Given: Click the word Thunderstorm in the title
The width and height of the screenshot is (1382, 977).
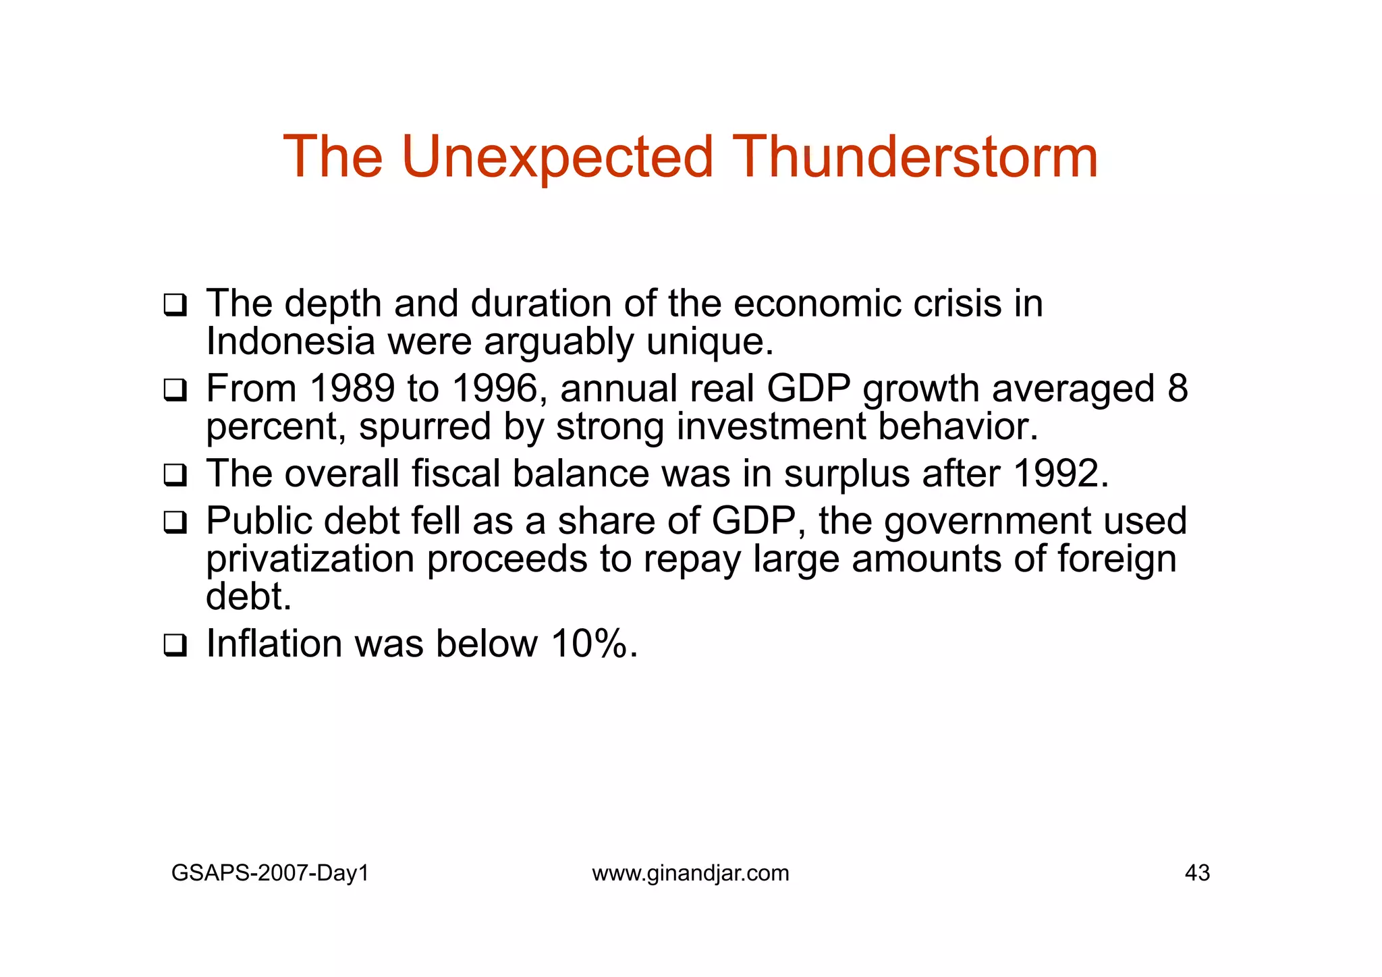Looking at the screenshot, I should click(x=915, y=157).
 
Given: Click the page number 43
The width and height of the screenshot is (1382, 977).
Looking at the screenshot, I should click(x=1197, y=873).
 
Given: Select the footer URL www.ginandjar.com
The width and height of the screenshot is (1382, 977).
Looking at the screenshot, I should click(x=690, y=873).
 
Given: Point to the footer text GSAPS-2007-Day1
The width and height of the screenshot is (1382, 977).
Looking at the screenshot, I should click(x=270, y=873).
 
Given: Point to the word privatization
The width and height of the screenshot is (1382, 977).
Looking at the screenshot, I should click(x=310, y=560).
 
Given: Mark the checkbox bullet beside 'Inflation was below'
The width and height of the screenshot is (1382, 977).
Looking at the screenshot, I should click(x=175, y=645).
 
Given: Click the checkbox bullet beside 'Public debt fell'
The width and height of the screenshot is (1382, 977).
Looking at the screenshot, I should click(x=175, y=522).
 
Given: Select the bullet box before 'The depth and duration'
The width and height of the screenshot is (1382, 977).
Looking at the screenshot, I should click(x=175, y=305).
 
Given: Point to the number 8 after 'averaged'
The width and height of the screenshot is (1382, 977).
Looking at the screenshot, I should click(x=1178, y=389).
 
